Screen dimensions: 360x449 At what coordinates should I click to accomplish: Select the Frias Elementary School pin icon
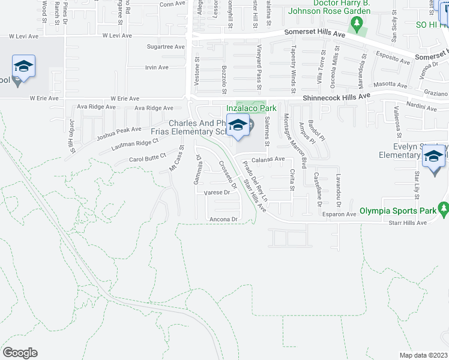coord(238,126)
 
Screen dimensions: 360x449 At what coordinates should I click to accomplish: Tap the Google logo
coord(20,353)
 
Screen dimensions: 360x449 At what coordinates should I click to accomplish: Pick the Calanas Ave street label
coord(268,159)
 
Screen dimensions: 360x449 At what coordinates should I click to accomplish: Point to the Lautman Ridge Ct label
coord(138,143)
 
